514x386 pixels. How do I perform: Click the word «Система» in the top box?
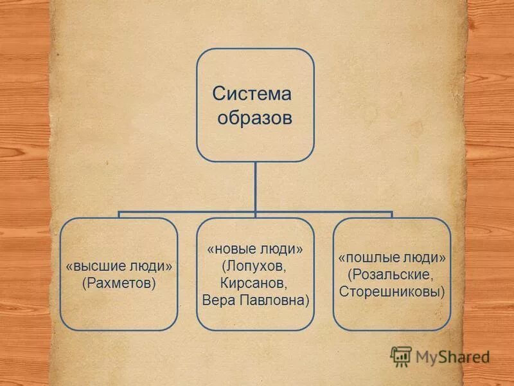[x=252, y=94]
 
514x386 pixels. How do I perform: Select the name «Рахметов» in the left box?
[x=119, y=282]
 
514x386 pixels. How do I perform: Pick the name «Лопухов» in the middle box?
[x=254, y=266]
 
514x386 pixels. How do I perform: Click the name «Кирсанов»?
[x=254, y=283]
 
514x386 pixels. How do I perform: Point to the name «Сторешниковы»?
[x=391, y=291]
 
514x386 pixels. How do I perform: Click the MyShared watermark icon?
[x=400, y=356]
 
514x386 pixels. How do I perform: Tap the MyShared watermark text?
[x=452, y=356]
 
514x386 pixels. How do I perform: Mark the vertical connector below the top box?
[x=255, y=187]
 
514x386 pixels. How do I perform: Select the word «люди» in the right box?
[x=423, y=257]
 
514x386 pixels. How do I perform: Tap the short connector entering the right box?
[x=391, y=215]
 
